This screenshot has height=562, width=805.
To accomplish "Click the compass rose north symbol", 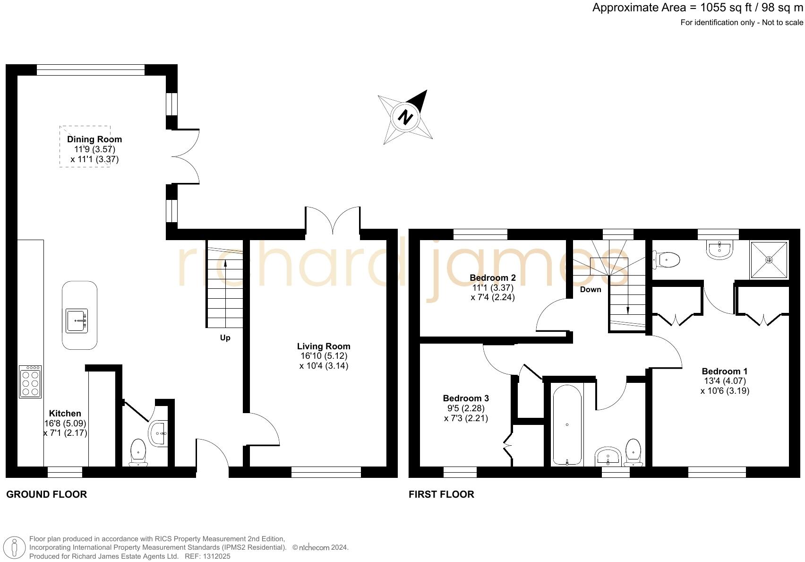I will coord(405,117).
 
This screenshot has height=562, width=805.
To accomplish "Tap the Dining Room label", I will coord(94,139).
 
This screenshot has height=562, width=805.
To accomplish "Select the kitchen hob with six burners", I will coord(30,381).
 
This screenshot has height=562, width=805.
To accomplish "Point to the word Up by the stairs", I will coord(225,338).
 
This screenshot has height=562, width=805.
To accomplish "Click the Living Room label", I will coord(324,346).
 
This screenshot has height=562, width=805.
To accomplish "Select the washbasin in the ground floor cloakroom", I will coord(158,433).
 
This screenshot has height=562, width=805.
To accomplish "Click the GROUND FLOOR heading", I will coord(46,494).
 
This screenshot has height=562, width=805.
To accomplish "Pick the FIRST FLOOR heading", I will coord(441,494).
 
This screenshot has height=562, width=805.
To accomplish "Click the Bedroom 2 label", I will coord(493,278).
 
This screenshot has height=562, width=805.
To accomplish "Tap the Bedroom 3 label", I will coord(466,398).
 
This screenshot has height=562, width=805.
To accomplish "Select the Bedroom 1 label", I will coord(725,371).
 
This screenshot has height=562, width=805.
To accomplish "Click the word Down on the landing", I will coord(591,289).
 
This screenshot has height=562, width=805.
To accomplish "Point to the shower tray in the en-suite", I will coord(769,260).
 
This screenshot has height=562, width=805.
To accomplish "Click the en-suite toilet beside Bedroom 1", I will coord(668,259).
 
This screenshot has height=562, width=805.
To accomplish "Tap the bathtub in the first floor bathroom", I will coord(567,424).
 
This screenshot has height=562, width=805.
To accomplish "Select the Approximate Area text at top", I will coord(697,8).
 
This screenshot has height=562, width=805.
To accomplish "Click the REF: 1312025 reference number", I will coord(207,556).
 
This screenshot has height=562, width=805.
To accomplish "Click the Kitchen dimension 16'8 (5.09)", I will coord(65,423).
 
